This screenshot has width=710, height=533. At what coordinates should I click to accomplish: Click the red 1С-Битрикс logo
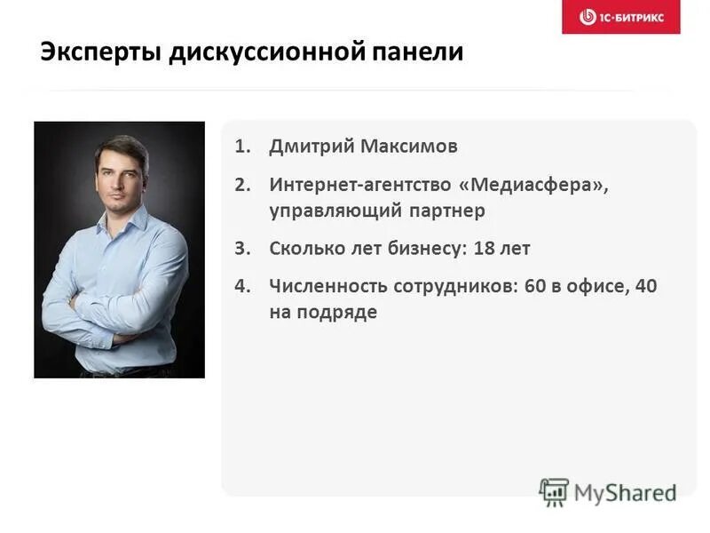(620, 17)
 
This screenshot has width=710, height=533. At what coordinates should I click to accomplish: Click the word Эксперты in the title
(88, 52)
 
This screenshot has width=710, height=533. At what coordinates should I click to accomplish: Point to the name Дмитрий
(311, 147)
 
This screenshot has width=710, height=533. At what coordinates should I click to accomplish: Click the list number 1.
(241, 147)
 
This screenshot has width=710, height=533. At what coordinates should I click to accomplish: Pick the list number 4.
(241, 287)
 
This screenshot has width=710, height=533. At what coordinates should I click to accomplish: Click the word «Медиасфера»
(534, 186)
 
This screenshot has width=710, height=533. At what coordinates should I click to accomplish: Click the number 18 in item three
(484, 249)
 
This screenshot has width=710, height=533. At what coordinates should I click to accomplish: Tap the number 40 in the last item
(646, 287)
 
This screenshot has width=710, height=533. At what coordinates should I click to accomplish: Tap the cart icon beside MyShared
(554, 492)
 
